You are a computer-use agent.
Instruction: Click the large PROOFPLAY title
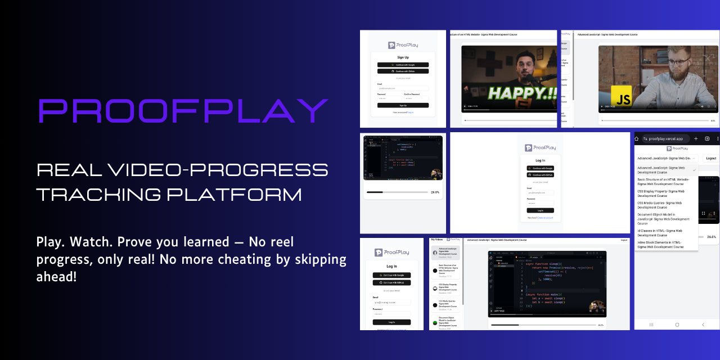point(183,111)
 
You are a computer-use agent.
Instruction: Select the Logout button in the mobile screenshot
point(711,159)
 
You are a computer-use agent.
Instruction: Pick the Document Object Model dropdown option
point(663,219)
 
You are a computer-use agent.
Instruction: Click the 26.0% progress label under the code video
point(435,192)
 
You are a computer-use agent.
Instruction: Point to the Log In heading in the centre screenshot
point(540,160)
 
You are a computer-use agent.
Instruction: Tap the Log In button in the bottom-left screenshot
point(391,322)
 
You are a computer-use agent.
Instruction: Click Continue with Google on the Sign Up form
point(403,65)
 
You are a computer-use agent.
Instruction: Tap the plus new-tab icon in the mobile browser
point(696,138)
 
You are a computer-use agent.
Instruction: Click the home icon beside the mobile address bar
point(638,138)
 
